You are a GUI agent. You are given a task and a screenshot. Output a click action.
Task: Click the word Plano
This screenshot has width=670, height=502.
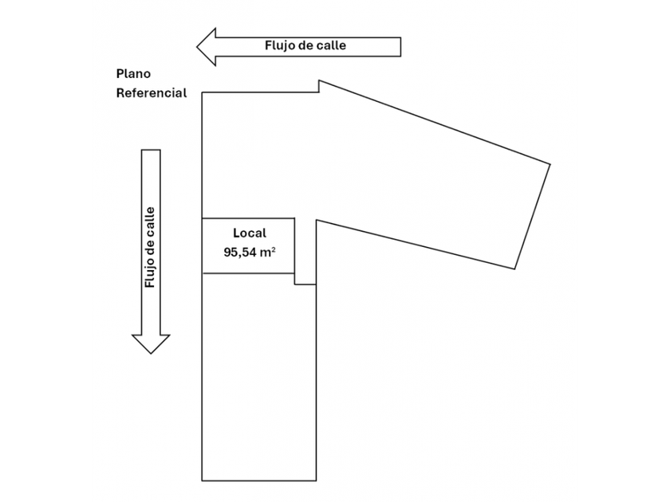pos(133,73)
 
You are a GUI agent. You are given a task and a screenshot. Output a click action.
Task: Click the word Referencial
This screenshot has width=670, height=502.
pos(152,93)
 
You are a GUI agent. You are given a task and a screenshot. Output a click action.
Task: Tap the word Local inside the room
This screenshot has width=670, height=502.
pos(249,233)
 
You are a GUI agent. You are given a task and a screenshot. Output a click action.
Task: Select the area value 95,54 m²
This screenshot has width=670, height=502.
pos(250,252)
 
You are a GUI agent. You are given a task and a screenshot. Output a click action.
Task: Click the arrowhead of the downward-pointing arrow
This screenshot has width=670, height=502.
pos(151,343)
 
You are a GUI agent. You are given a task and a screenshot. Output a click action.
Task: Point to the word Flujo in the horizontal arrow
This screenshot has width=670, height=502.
pos(283,45)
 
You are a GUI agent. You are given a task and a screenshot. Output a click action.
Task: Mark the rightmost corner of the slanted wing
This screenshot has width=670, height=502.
pos(550,164)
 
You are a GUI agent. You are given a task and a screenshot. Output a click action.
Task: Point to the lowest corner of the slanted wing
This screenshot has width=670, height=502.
pos(515,269)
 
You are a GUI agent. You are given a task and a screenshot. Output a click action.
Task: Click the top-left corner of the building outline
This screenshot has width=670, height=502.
pos(202,92)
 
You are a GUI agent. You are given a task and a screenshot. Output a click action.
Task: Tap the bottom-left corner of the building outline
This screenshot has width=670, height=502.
pos(202,480)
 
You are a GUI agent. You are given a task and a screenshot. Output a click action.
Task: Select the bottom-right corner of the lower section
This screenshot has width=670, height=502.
pos(317,480)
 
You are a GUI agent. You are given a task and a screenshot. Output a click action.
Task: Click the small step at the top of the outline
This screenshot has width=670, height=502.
pos(319,86)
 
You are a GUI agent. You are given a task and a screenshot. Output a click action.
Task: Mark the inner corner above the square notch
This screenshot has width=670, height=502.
pos(317,220)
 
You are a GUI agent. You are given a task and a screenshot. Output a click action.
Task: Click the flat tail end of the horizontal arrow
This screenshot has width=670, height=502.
pos(400,45)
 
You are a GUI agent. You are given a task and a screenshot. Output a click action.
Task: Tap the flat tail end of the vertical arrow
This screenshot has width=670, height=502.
pos(151,151)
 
